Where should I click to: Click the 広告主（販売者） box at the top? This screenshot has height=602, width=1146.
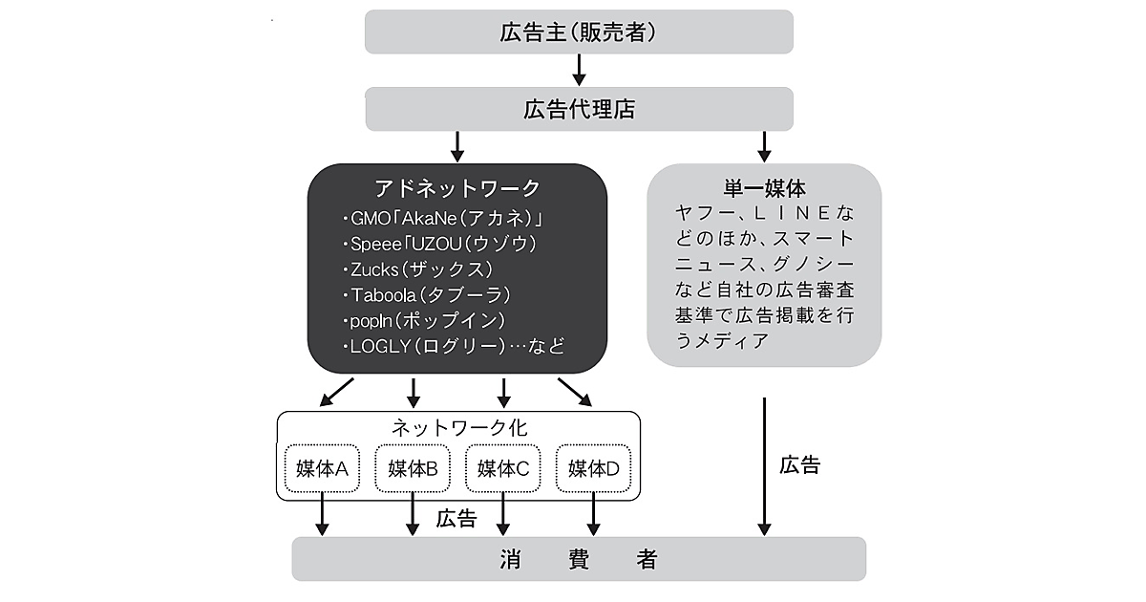[580, 32]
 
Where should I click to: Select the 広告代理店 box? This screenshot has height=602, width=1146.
[580, 109]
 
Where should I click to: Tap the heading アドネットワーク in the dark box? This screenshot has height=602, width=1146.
[458, 187]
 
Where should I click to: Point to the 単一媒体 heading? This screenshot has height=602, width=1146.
[764, 186]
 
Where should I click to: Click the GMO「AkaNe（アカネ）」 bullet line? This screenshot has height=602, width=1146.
[448, 218]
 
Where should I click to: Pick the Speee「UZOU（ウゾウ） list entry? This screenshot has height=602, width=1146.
[438, 243]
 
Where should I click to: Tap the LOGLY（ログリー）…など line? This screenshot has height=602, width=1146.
[452, 345]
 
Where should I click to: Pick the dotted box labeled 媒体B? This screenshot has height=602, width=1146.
[413, 468]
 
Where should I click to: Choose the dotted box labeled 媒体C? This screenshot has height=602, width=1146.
[503, 468]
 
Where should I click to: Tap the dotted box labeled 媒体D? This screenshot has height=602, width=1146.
[594, 468]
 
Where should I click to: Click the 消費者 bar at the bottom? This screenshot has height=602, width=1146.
[579, 559]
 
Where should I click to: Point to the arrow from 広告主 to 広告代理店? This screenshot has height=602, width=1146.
[580, 70]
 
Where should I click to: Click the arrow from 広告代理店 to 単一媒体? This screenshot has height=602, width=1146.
[764, 146]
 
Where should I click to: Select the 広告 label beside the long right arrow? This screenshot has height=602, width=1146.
[799, 466]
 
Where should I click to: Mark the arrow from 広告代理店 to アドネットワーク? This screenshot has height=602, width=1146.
[457, 146]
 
